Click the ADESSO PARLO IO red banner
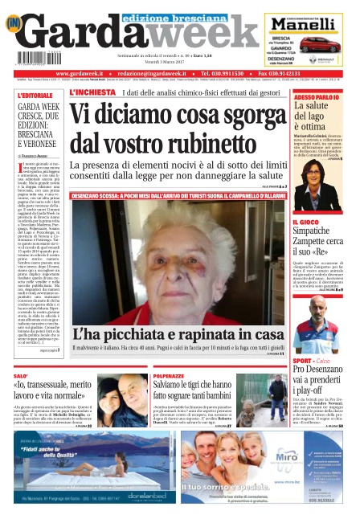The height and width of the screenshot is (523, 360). pyautogui.click(x=316, y=96)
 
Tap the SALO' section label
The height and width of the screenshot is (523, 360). pyautogui.click(x=22, y=375)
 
